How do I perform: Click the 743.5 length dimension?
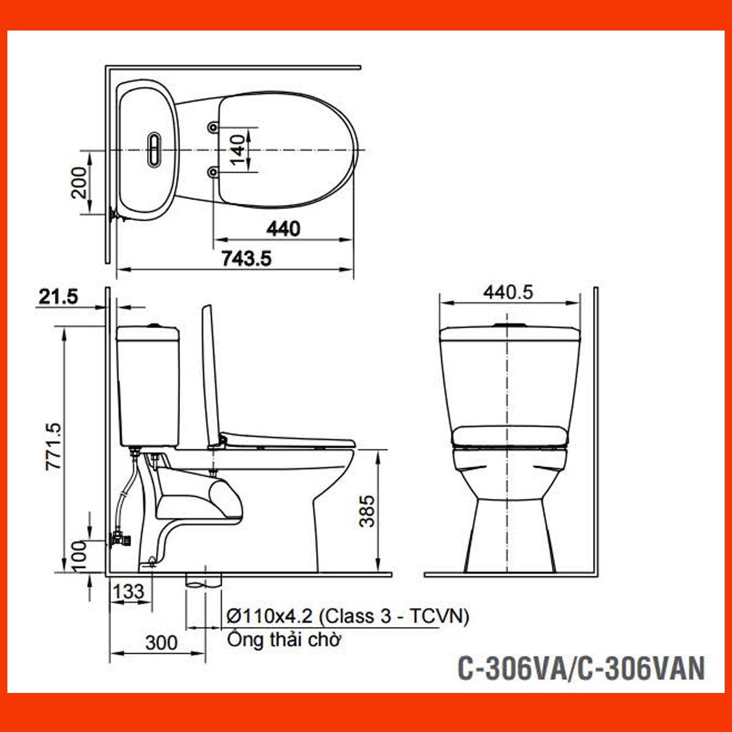[246, 259]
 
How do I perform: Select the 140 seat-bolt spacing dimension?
[239, 150]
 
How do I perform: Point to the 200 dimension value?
[80, 182]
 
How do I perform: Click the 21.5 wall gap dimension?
[59, 297]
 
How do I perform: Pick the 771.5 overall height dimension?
[54, 447]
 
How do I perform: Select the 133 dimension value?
[129, 591]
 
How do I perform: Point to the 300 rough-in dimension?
[162, 642]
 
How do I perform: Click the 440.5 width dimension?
[508, 292]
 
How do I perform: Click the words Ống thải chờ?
[284, 640]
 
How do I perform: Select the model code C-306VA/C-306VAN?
[581, 667]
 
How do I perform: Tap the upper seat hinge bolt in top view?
[212, 127]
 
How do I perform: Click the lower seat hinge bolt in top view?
[212, 173]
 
